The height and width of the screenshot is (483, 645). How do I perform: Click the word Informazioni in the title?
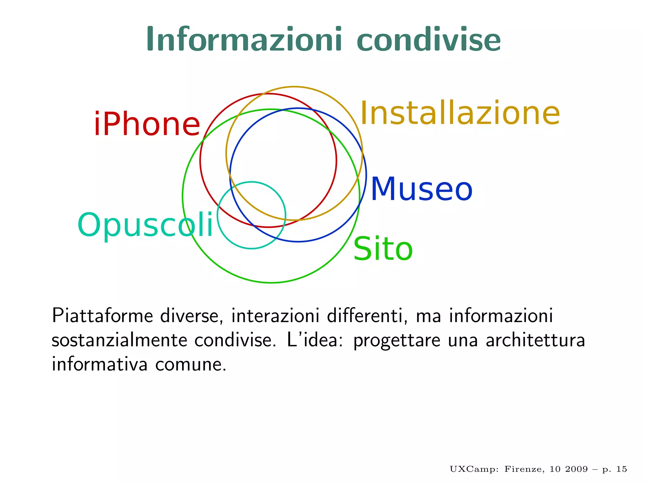(244, 39)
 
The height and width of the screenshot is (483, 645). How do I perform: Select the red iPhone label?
(147, 124)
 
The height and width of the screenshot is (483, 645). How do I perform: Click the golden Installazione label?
(460, 113)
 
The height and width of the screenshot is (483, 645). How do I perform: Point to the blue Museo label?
(421, 189)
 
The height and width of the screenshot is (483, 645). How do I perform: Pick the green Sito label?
(383, 249)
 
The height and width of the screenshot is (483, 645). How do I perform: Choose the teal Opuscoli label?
(146, 225)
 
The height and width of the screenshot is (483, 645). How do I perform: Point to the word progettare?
(397, 341)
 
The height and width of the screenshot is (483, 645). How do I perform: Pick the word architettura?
(535, 340)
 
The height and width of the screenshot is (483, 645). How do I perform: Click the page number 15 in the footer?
(621, 469)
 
